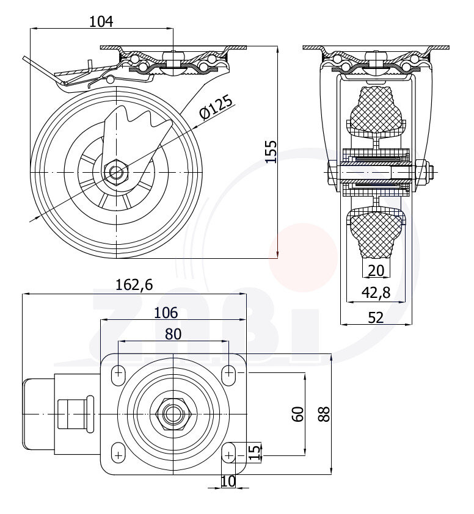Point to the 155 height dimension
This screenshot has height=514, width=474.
(271, 151)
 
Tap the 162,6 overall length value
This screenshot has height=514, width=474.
(134, 284)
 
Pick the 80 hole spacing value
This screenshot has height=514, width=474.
(173, 333)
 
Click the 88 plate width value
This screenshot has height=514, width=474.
(324, 414)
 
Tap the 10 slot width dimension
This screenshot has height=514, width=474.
(228, 481)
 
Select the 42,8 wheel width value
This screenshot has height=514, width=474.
(376, 293)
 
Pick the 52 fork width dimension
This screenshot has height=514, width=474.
(376, 317)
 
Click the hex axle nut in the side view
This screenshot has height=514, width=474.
(115, 171)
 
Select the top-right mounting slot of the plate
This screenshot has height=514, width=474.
(228, 373)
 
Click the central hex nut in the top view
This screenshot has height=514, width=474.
(173, 414)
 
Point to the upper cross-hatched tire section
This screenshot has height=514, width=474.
(376, 110)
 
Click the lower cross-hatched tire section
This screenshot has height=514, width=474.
(376, 232)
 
